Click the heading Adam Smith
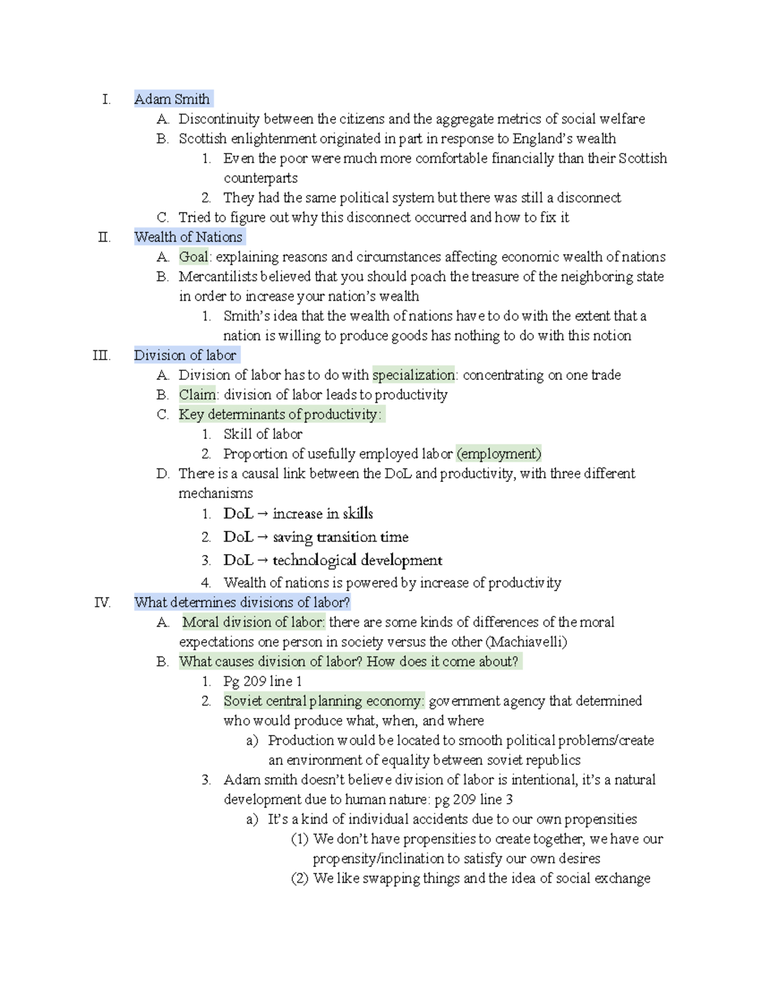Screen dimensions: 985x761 tap(172, 99)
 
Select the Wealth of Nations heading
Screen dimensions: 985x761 tap(188, 237)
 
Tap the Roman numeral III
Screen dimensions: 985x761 tap(101, 355)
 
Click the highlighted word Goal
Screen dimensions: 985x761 tap(193, 257)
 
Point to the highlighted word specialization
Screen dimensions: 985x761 tap(413, 375)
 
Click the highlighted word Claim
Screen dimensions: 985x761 tap(197, 395)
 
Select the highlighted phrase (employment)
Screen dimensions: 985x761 tap(499, 453)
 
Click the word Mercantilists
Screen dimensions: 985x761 tap(218, 277)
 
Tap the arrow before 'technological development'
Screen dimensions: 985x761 tap(263, 561)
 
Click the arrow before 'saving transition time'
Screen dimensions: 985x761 tap(263, 537)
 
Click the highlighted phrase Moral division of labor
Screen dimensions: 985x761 tap(254, 622)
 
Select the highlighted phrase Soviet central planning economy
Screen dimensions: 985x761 tap(323, 701)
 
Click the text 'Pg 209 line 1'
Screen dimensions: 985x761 tap(263, 681)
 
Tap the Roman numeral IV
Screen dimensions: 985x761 tap(102, 603)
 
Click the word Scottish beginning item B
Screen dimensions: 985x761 tap(202, 138)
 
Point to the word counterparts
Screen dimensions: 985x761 tap(261, 178)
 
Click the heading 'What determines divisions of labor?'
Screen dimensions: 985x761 tap(242, 603)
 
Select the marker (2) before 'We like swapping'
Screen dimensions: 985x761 tap(299, 878)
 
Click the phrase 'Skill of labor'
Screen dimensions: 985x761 tap(263, 434)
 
